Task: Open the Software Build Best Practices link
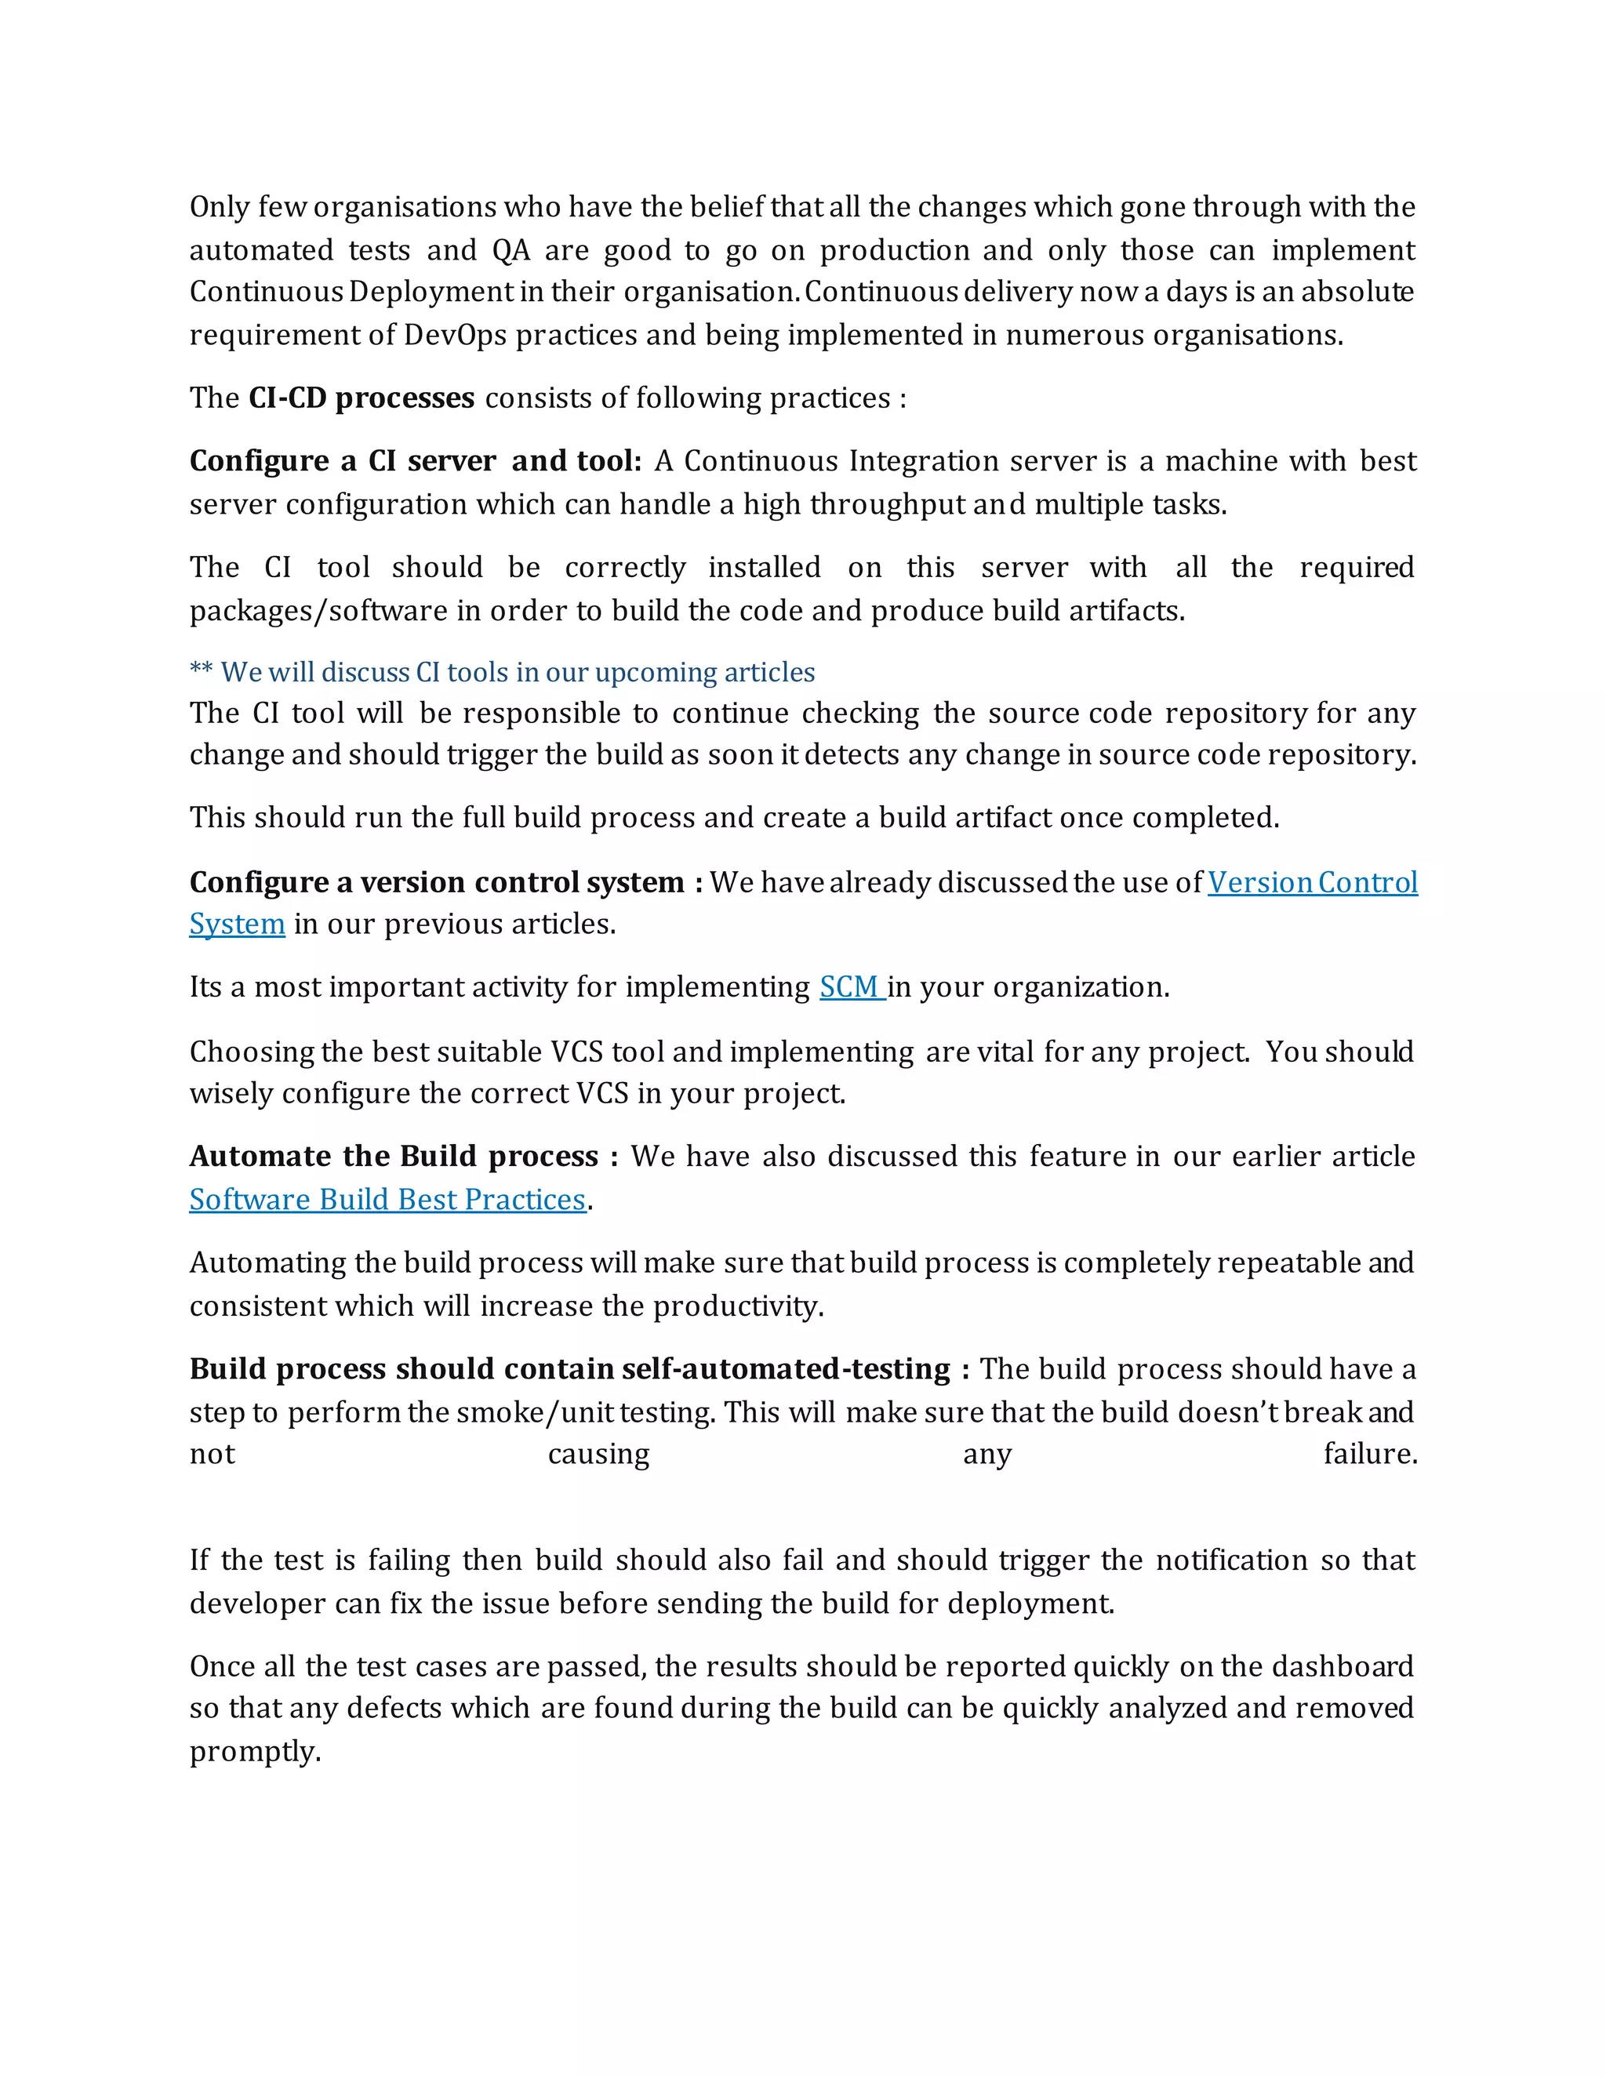(387, 1200)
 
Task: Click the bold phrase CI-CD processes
(361, 398)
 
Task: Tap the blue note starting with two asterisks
(503, 673)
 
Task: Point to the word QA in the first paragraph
(511, 251)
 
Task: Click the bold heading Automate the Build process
(393, 1157)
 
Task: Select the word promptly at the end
(254, 1752)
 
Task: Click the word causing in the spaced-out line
(598, 1455)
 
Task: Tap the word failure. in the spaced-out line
(1369, 1455)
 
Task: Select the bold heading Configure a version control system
(437, 883)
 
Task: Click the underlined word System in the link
(237, 925)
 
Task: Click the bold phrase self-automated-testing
(786, 1369)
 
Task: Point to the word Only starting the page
(218, 208)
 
